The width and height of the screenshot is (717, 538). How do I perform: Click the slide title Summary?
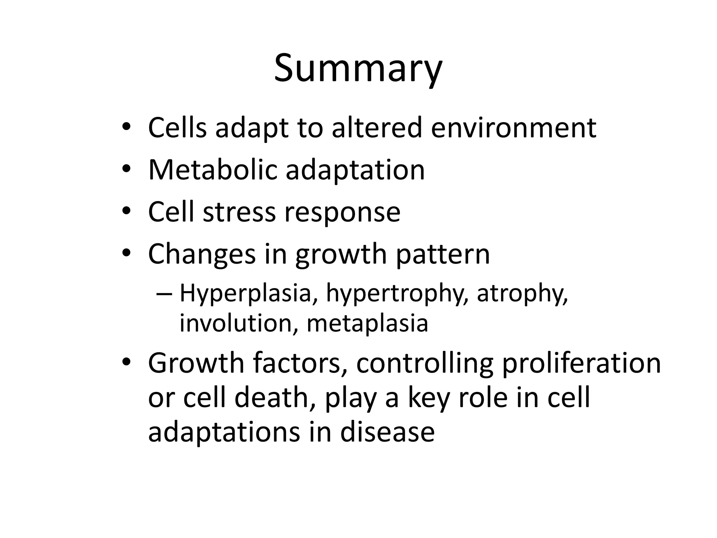tap(358, 68)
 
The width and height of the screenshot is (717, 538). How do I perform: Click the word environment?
tap(514, 128)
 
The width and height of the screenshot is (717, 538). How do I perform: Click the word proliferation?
tap(581, 364)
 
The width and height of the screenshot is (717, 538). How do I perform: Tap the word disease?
tap(387, 432)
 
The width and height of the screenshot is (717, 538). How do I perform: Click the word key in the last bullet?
tap(429, 398)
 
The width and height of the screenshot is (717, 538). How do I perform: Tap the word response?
tap(342, 213)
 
